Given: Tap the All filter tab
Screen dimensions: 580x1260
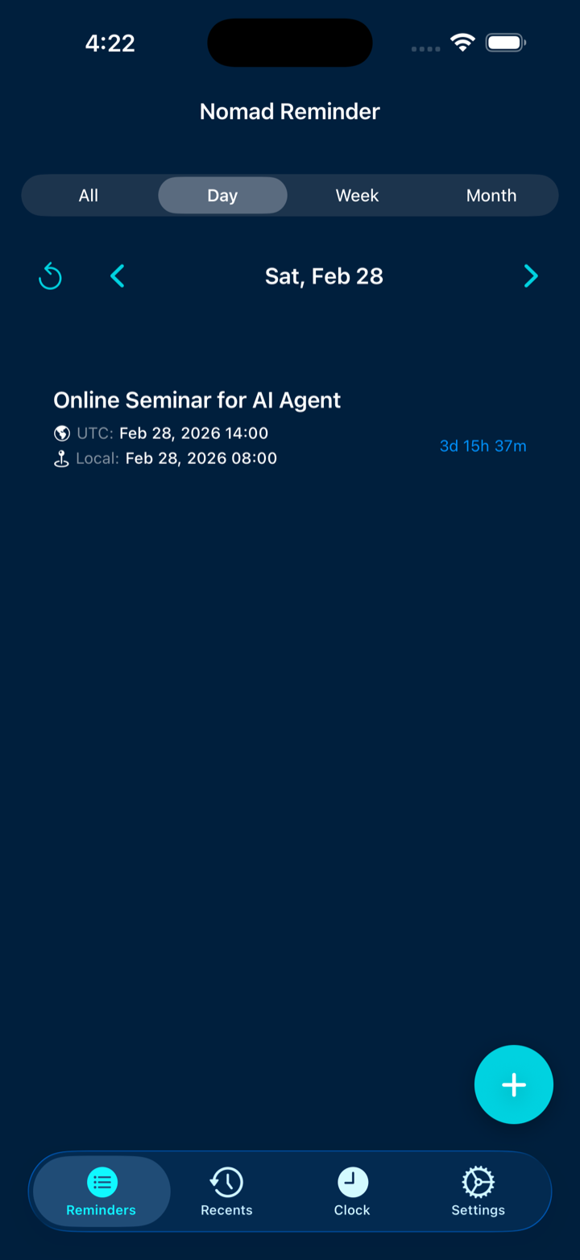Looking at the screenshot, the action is coord(89,195).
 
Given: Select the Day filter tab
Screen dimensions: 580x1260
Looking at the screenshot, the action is coord(223,195).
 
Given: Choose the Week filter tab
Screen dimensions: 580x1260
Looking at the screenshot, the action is coord(357,195).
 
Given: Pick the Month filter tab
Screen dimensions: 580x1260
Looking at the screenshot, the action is coord(491,195).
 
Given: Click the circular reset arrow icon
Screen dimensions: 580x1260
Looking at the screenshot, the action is coord(50,276).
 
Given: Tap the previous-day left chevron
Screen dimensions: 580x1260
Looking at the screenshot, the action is coord(117,276).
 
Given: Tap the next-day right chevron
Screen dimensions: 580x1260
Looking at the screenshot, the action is coord(531,276).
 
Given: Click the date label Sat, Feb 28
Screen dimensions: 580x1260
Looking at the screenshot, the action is coord(324,276).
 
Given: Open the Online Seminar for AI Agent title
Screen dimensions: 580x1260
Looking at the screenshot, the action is coord(197,400).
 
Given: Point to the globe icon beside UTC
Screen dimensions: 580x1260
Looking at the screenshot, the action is coord(62,433).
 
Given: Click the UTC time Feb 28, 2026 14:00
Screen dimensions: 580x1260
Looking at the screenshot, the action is coord(193,433).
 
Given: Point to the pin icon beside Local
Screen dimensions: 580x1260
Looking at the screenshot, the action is coord(61,458).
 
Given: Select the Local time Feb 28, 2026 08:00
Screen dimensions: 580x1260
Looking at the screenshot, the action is coord(201,458).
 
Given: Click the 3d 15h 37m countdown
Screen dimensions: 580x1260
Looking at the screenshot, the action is coord(483,446).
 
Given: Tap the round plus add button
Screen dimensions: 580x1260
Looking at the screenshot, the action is coord(514,1084).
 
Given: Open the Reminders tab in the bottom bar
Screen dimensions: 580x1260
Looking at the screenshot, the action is coord(101,1191).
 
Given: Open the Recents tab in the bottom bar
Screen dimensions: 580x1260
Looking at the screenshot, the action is coord(226,1191).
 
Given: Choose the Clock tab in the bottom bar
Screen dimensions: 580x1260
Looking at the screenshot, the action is coord(352,1191).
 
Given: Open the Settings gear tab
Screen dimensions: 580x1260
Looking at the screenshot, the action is coord(478,1191).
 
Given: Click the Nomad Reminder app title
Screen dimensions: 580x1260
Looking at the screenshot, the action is coord(290,111).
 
